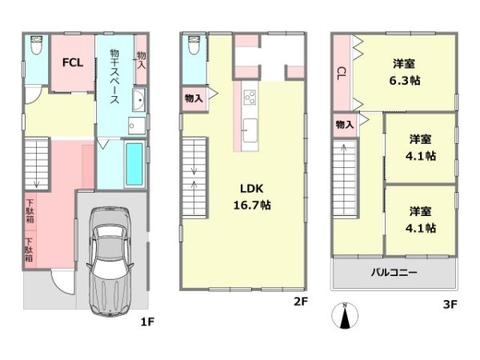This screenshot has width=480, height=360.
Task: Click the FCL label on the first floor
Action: tap(73, 62)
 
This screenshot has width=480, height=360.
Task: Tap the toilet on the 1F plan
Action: tap(37, 45)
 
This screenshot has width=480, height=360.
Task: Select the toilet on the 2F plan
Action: tap(194, 45)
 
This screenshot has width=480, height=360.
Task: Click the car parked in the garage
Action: tap(110, 261)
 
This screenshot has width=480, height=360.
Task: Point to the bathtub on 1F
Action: tap(134, 164)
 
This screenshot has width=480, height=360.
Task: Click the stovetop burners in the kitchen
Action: tap(250, 98)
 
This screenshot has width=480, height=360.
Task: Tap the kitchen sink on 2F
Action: tap(250, 130)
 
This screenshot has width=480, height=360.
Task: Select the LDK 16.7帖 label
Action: tap(252, 197)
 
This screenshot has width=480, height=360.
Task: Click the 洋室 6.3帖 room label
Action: tap(404, 72)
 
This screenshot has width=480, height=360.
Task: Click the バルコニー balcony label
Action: tap(394, 272)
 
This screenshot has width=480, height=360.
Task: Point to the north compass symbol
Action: tap(345, 315)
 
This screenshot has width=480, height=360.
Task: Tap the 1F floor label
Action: tap(147, 322)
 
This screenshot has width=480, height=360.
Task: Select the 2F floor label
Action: tap(300, 302)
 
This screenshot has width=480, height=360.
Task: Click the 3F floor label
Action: tap(450, 304)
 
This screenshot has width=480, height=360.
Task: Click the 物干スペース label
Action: tap(114, 77)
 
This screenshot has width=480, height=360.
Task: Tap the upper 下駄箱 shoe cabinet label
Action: tap(30, 211)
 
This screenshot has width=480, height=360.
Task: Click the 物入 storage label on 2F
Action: tap(194, 98)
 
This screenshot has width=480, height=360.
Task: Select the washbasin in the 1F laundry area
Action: tap(139, 100)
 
